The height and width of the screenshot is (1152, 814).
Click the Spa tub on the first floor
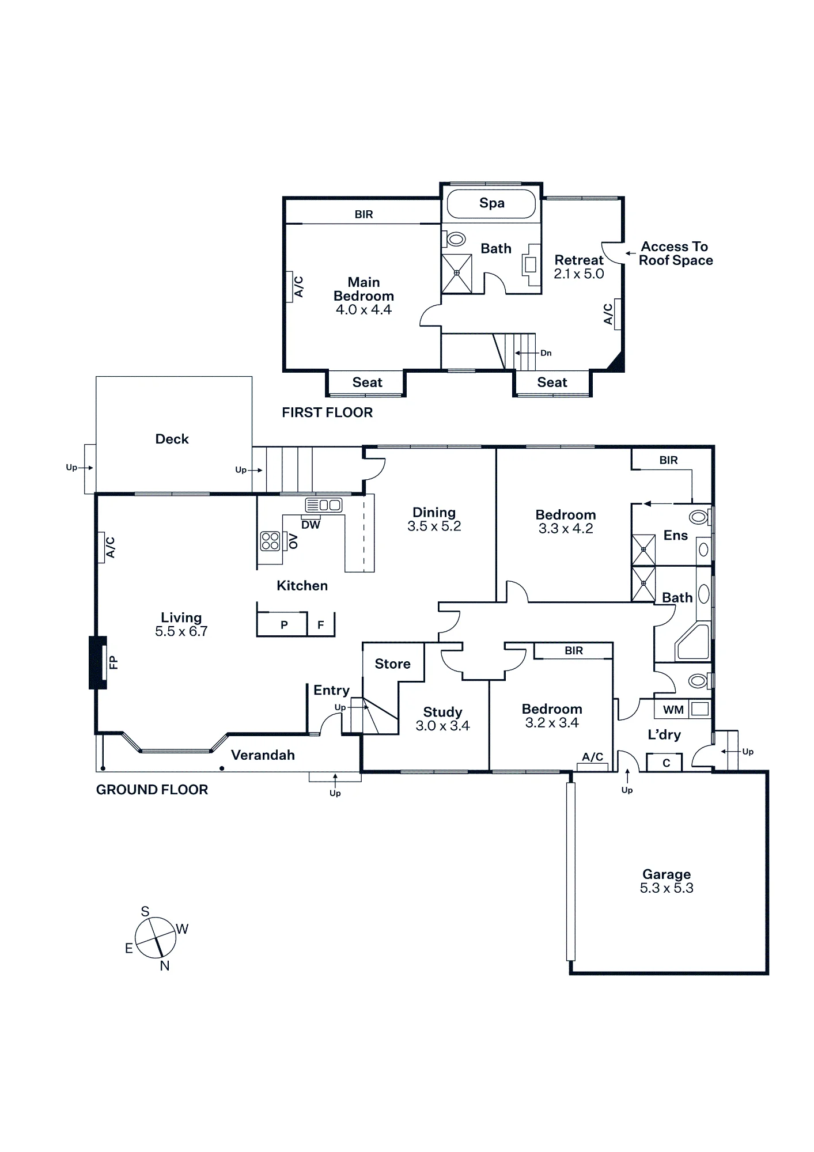pos(491,203)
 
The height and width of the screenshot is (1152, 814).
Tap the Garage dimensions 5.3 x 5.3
pos(667,888)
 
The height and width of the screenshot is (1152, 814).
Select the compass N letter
pos(165,966)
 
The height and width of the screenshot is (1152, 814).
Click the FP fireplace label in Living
pos(113,662)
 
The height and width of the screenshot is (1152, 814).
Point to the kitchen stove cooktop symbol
pos(270,540)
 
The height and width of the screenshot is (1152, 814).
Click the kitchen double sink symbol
pos(323,505)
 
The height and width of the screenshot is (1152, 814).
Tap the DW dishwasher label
pos(311,525)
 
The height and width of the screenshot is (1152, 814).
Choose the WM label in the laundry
pos(673,710)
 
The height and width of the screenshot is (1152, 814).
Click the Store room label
pos(392,664)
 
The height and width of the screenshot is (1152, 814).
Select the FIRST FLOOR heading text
pos(327,412)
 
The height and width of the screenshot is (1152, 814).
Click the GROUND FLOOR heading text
pos(152,790)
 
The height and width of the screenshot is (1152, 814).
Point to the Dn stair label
pos(546,353)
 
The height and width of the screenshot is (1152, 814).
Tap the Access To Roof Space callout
pos(675,253)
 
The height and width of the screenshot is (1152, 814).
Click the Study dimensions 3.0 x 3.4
pos(442,726)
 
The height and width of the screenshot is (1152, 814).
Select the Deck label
pos(172,439)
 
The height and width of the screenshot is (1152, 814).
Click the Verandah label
pos(263,755)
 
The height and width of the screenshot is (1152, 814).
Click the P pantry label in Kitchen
pos(284,625)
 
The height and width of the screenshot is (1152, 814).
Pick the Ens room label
pos(676,536)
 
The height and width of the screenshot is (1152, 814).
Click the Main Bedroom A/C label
pos(299,287)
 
